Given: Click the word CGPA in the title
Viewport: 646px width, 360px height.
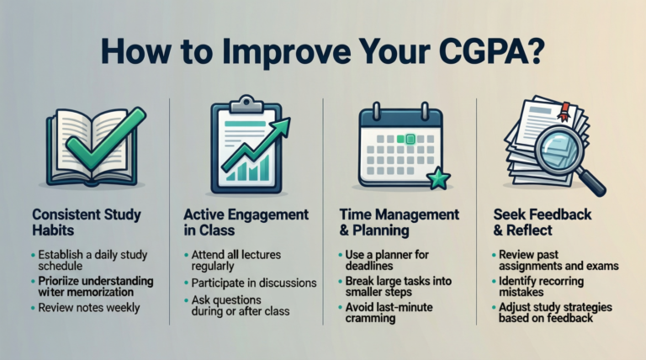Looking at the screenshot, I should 455,49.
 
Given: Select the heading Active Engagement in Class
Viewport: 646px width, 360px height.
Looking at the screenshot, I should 244,222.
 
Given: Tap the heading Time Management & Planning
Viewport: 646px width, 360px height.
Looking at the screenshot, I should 399,222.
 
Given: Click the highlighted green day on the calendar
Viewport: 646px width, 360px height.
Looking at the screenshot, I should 410,139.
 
